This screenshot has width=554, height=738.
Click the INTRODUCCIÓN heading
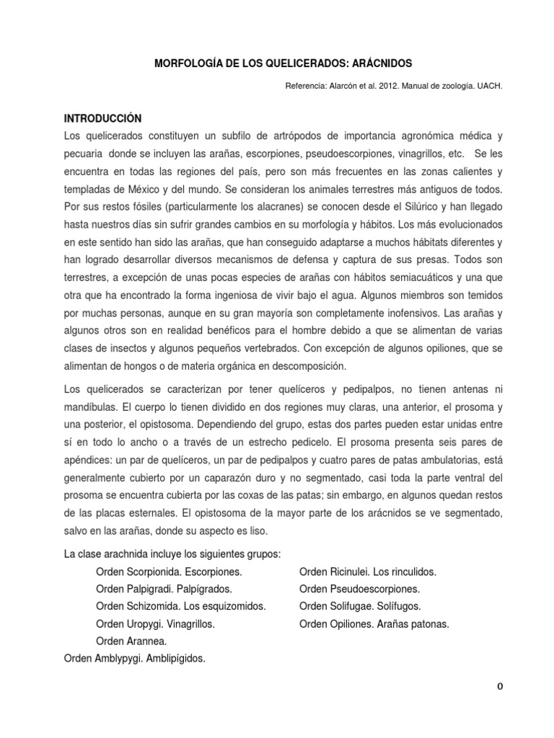point(103,118)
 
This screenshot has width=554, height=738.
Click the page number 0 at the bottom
point(499,686)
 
